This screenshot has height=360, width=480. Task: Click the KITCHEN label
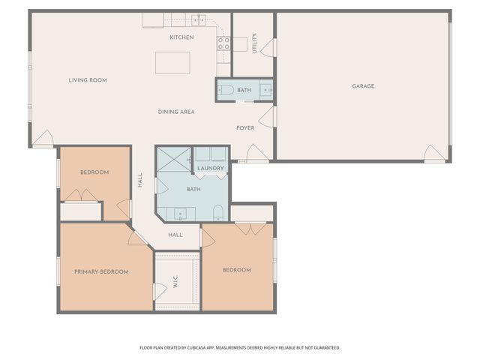pyautogui.click(x=181, y=37)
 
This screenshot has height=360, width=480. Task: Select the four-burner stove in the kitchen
pyautogui.click(x=223, y=43)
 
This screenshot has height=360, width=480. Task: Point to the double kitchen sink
pyautogui.click(x=199, y=19)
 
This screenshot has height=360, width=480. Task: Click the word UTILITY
pyautogui.click(x=255, y=43)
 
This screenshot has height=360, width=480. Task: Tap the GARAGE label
pyautogui.click(x=363, y=86)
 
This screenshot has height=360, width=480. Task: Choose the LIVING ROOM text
pyautogui.click(x=88, y=80)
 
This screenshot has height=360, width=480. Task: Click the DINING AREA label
pyautogui.click(x=176, y=112)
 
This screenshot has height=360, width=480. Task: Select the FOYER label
pyautogui.click(x=245, y=128)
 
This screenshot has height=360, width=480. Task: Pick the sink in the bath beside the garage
pyautogui.click(x=265, y=90)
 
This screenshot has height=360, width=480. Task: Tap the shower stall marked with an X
pyautogui.click(x=173, y=160)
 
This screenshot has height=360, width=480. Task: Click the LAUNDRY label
pyautogui.click(x=211, y=168)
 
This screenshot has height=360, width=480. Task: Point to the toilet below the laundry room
pyautogui.click(x=217, y=211)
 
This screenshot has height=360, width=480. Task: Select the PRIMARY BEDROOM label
pyautogui.click(x=101, y=271)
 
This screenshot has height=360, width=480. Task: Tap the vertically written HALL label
pyautogui.click(x=140, y=180)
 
